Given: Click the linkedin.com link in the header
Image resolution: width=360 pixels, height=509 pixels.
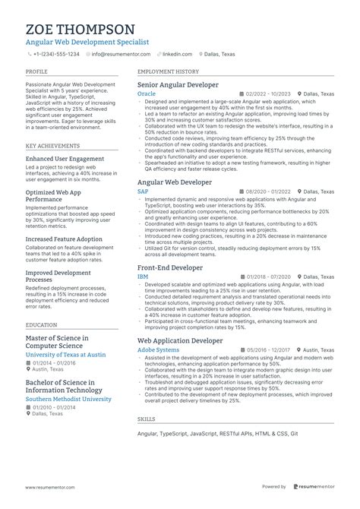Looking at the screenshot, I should point(176,55).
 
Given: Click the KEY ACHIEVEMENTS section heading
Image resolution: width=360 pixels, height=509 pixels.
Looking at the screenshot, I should point(51,145).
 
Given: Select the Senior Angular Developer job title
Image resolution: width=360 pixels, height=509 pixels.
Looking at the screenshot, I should point(178,84).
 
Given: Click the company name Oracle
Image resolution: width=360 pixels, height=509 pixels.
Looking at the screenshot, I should point(146,93).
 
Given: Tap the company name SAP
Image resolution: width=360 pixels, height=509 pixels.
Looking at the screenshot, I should point(143,191).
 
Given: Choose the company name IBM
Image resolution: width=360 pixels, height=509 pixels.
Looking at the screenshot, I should point(142,277).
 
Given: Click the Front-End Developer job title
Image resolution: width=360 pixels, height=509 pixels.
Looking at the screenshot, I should point(169,267).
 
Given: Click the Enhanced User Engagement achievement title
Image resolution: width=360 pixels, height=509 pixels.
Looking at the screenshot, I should point(65,159).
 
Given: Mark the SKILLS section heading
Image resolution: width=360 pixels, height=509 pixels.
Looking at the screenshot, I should point(146,419).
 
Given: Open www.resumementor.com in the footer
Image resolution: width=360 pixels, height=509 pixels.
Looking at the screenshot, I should point(54,487).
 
